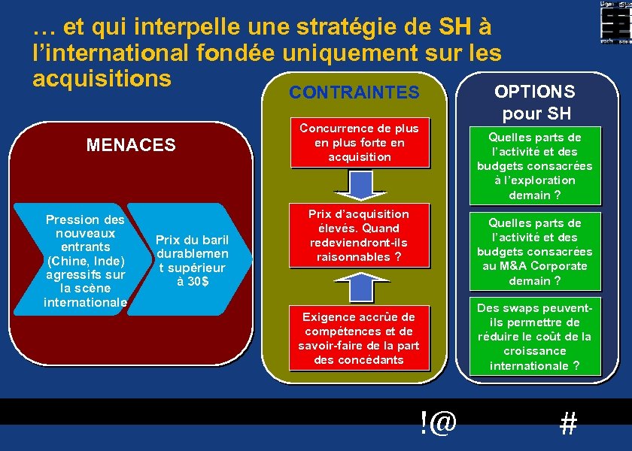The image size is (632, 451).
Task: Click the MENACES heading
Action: pyautogui.click(x=131, y=144)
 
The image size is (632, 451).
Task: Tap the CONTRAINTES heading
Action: pyautogui.click(x=354, y=92)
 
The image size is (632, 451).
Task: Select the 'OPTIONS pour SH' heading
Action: pyautogui.click(x=534, y=102)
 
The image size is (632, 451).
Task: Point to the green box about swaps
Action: pyautogui.click(x=534, y=337)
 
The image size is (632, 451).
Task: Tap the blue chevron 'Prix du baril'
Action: pyautogui.click(x=192, y=260)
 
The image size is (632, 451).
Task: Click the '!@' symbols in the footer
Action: pyautogui.click(x=439, y=422)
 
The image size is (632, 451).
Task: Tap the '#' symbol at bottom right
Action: pyautogui.click(x=569, y=425)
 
